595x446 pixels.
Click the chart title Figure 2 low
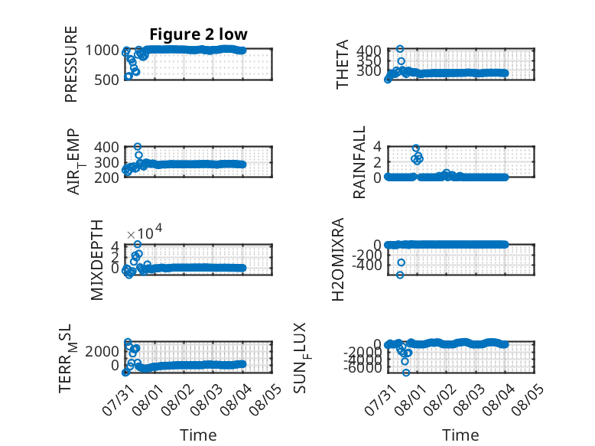coord(198,34)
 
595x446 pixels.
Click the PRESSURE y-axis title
coord(71,64)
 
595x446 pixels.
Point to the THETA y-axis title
coord(343,64)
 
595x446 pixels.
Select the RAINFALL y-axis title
coord(359,162)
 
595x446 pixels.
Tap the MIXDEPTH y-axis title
coord(97,260)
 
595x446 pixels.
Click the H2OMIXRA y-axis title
coord(338,259)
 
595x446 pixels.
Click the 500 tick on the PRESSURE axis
coord(106,80)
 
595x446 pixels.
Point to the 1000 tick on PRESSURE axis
coord(102,50)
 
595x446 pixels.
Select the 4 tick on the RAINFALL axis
coord(377,146)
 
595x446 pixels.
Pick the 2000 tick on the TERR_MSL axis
coord(102,351)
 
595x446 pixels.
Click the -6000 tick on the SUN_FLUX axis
coord(363,367)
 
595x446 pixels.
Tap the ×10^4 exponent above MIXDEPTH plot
coord(145,232)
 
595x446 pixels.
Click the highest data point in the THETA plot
coord(400,49)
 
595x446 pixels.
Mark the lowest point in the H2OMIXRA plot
coord(400,275)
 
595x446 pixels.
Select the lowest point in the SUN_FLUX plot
coord(406,373)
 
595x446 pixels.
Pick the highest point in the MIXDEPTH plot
coord(138,245)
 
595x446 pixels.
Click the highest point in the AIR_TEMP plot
coord(138,147)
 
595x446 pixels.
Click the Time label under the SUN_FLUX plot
coord(460,435)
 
